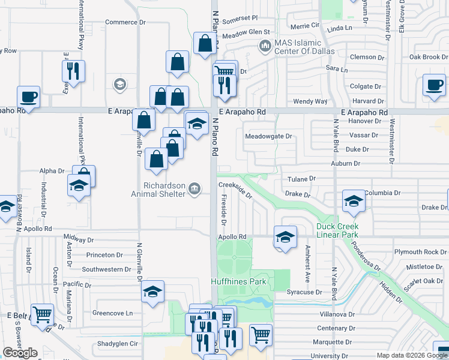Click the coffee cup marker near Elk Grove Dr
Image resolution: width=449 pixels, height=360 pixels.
[x=433, y=85]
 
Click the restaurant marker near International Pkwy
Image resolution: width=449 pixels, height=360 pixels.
[x=74, y=71]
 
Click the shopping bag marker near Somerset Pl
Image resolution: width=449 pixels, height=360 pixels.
[x=205, y=43]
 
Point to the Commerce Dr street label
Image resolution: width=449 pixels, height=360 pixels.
[x=125, y=22]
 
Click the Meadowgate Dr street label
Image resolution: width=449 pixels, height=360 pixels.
[x=268, y=136]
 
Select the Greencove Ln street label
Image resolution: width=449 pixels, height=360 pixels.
[x=112, y=313]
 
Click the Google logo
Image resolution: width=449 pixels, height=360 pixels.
[x=20, y=353]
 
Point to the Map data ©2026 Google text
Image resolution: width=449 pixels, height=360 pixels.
[x=411, y=355]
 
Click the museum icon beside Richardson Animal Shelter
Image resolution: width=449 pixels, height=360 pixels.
[x=194, y=189]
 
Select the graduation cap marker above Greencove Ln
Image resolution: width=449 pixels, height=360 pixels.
[x=152, y=292]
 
